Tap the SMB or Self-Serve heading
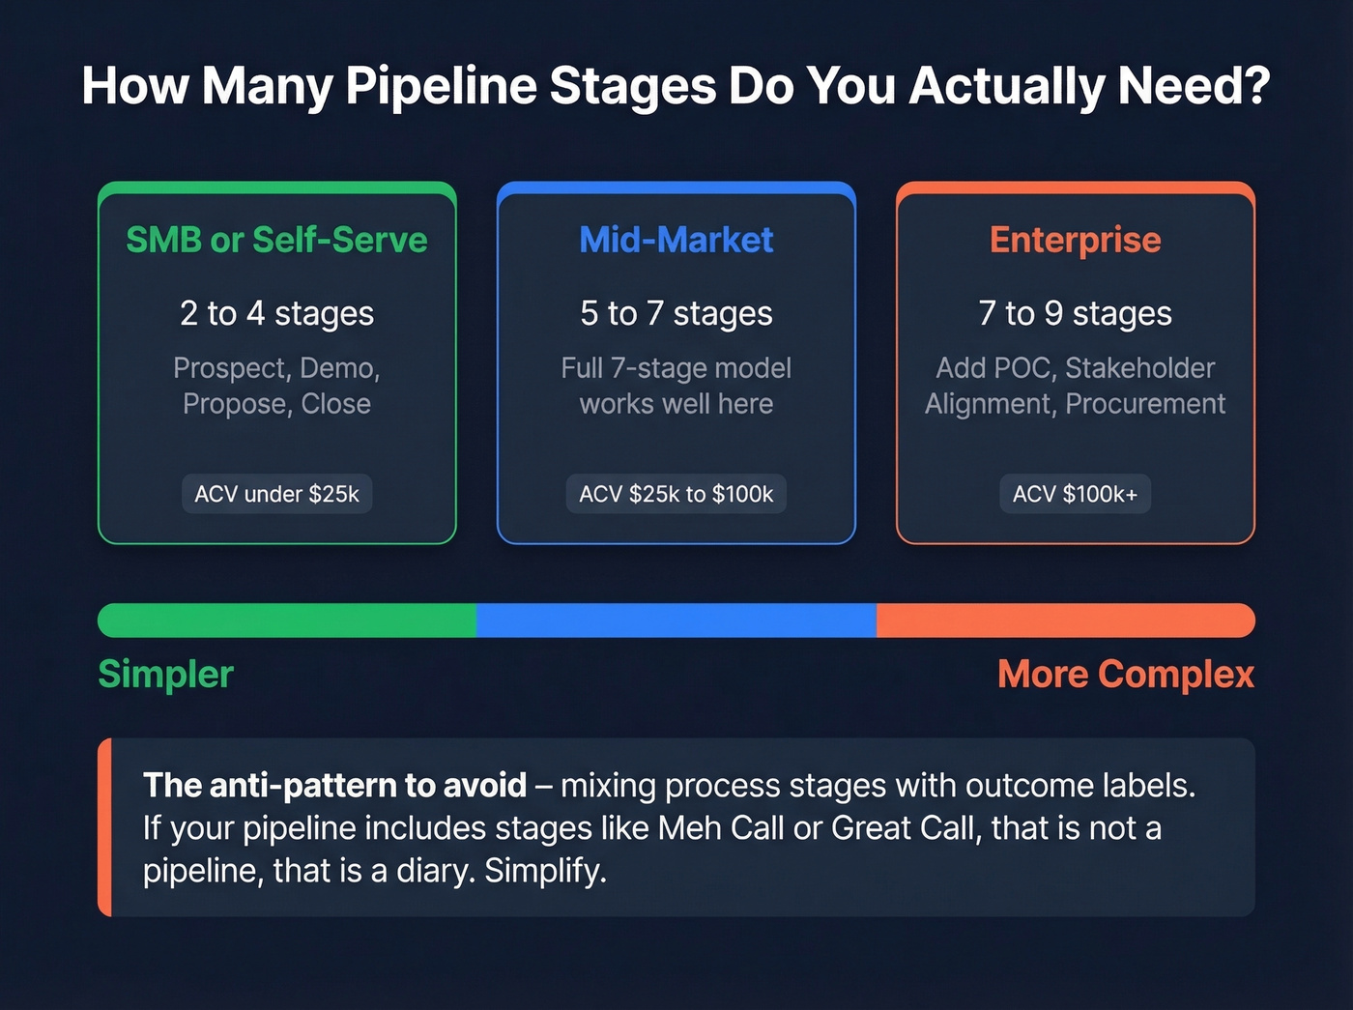[276, 240]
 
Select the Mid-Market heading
[676, 240]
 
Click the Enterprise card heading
[1075, 240]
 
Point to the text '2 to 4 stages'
[276, 313]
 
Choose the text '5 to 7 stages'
[676, 313]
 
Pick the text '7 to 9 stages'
[1075, 313]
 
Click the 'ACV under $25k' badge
[276, 494]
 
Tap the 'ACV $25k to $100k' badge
[676, 494]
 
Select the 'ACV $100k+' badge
[1075, 494]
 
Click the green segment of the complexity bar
[287, 620]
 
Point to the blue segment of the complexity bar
[676, 620]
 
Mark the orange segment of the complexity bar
[1065, 620]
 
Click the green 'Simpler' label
[165, 675]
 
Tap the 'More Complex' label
[1125, 675]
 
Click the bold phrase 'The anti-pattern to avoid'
[334, 786]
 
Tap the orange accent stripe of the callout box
[104, 827]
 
